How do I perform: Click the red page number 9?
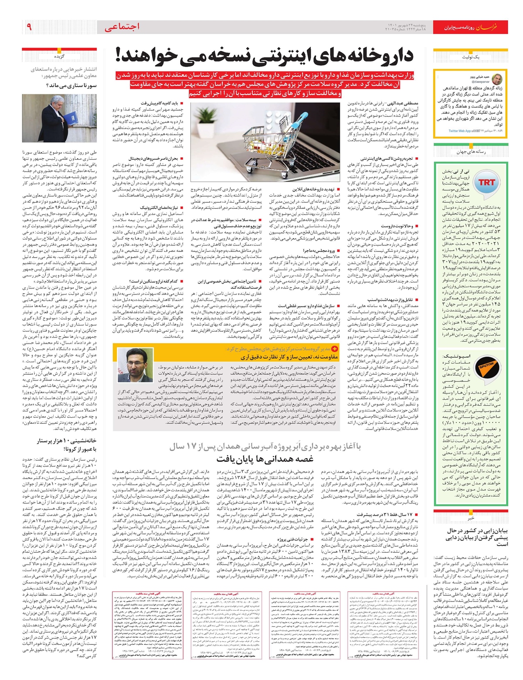click(29, 27)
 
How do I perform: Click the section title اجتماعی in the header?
click(122, 27)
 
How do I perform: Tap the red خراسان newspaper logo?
click(493, 27)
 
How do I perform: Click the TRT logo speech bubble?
click(486, 183)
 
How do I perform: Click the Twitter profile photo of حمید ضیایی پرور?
click(497, 79)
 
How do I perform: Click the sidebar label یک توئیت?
click(470, 57)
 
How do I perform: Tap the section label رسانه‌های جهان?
click(471, 152)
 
